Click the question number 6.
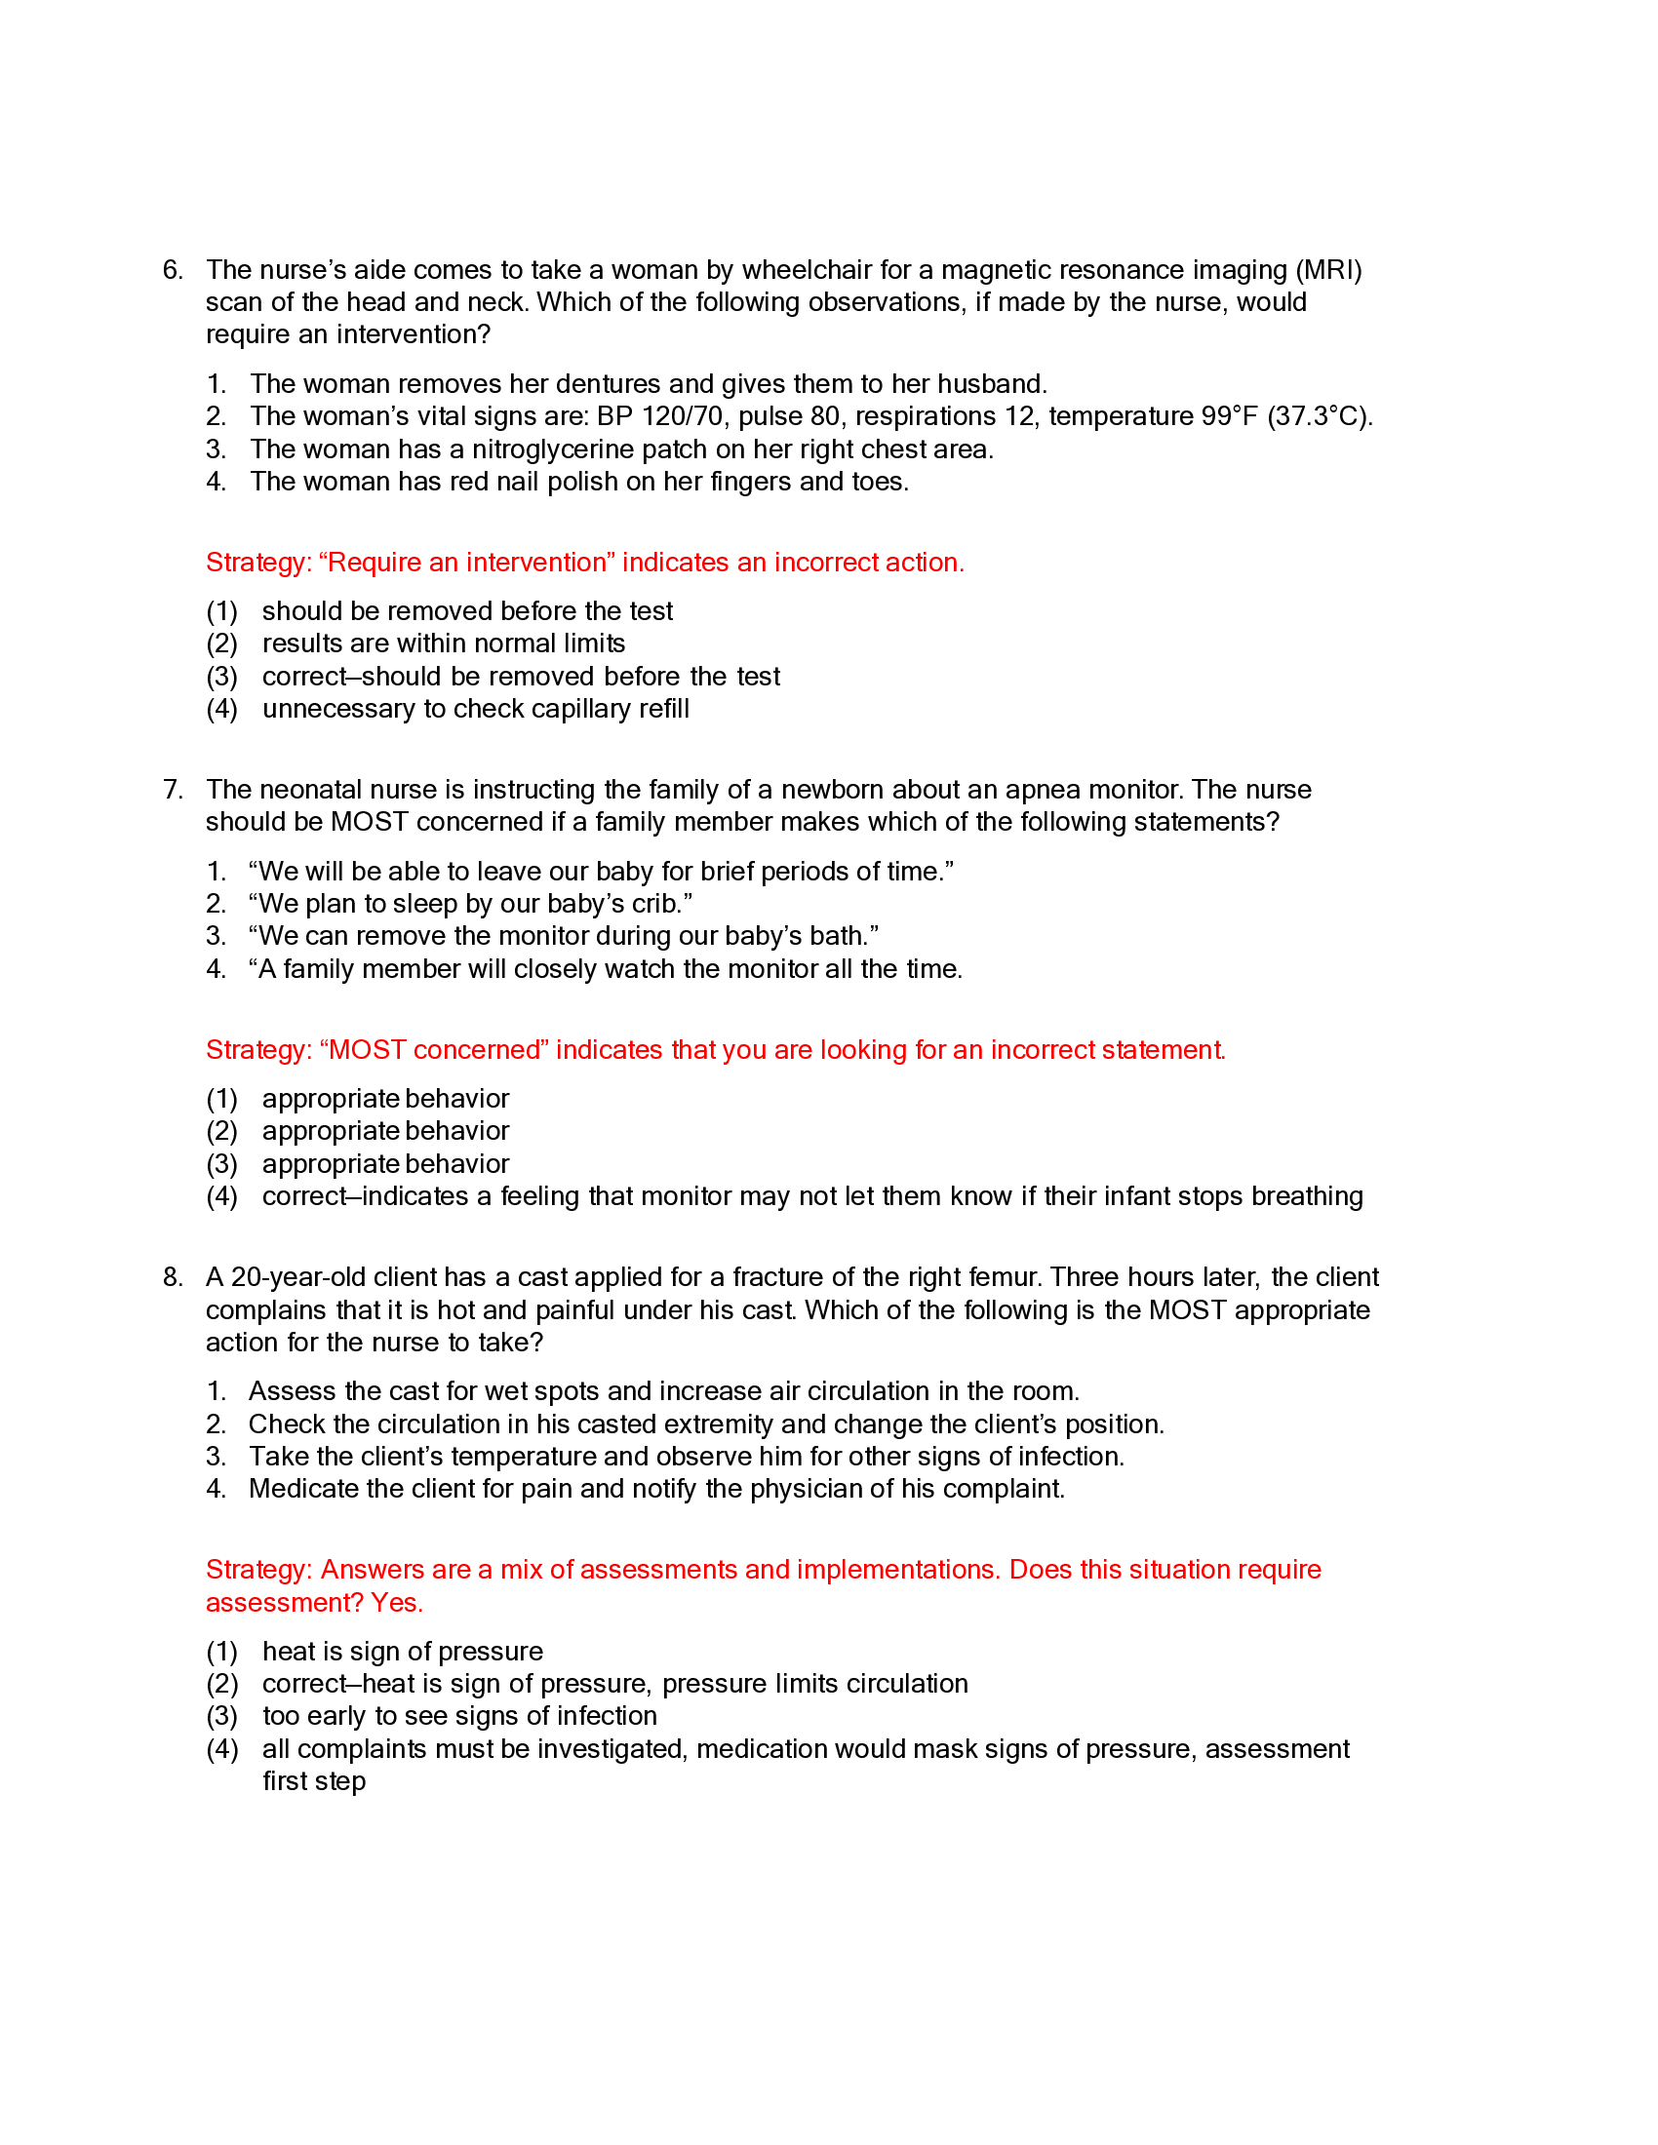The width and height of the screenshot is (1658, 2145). (x=172, y=270)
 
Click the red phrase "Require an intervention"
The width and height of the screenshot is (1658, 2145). (x=466, y=563)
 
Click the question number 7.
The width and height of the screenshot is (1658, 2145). (x=172, y=790)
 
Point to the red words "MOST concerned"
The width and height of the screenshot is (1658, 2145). (x=434, y=1050)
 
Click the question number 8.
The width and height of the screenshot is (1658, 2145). (x=172, y=1277)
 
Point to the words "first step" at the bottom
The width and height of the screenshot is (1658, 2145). (x=313, y=1781)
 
